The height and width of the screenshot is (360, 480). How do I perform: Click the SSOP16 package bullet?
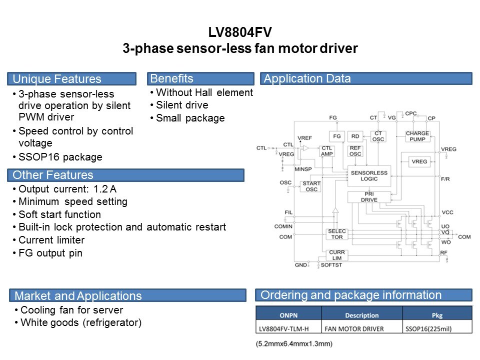pos(60,157)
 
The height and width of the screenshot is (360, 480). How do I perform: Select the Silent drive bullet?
pos(182,105)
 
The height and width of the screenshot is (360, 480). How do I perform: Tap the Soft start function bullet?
pos(59,214)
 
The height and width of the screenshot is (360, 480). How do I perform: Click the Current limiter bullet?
pos(51,240)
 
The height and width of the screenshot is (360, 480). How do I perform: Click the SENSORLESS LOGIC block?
pos(369,175)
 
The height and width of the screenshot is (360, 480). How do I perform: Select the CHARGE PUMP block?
pos(417,136)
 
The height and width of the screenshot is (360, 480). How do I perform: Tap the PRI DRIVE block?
pos(369,197)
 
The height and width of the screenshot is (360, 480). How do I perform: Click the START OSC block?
pos(311,186)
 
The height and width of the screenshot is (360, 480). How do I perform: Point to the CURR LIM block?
pos(336,254)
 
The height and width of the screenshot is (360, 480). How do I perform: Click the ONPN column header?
pos(288,315)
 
